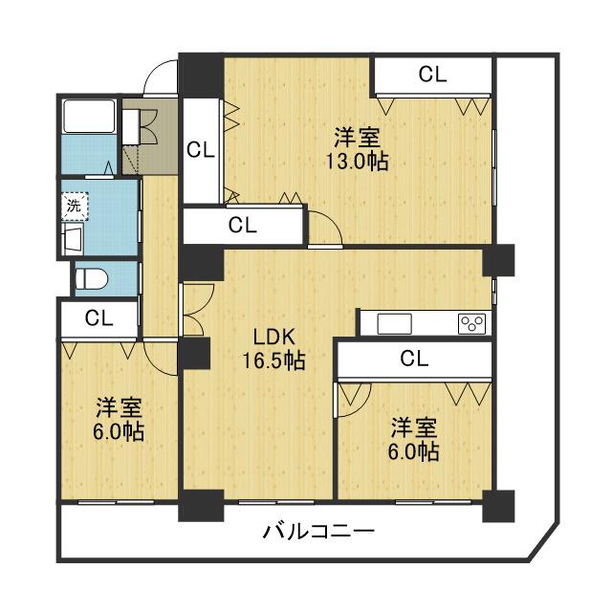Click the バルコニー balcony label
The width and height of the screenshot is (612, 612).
click(318, 532)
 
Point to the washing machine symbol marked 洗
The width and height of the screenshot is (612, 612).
click(74, 204)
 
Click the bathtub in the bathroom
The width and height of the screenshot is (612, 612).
click(89, 118)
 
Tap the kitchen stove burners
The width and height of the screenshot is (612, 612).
click(472, 323)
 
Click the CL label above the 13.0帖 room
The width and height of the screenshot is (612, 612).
click(432, 75)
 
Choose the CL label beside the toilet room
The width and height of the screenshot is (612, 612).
click(98, 318)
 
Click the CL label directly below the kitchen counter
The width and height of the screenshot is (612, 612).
click(414, 359)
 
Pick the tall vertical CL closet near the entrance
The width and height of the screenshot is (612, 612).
click(201, 149)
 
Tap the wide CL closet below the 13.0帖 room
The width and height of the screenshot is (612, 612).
click(243, 226)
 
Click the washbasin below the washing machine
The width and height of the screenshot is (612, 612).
click(73, 236)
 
